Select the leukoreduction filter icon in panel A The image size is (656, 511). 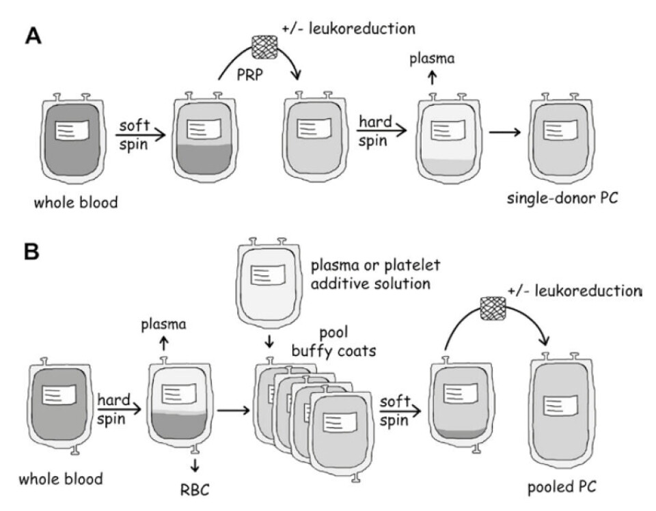pos(262,45)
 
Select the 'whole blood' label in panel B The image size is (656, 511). pos(61,478)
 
